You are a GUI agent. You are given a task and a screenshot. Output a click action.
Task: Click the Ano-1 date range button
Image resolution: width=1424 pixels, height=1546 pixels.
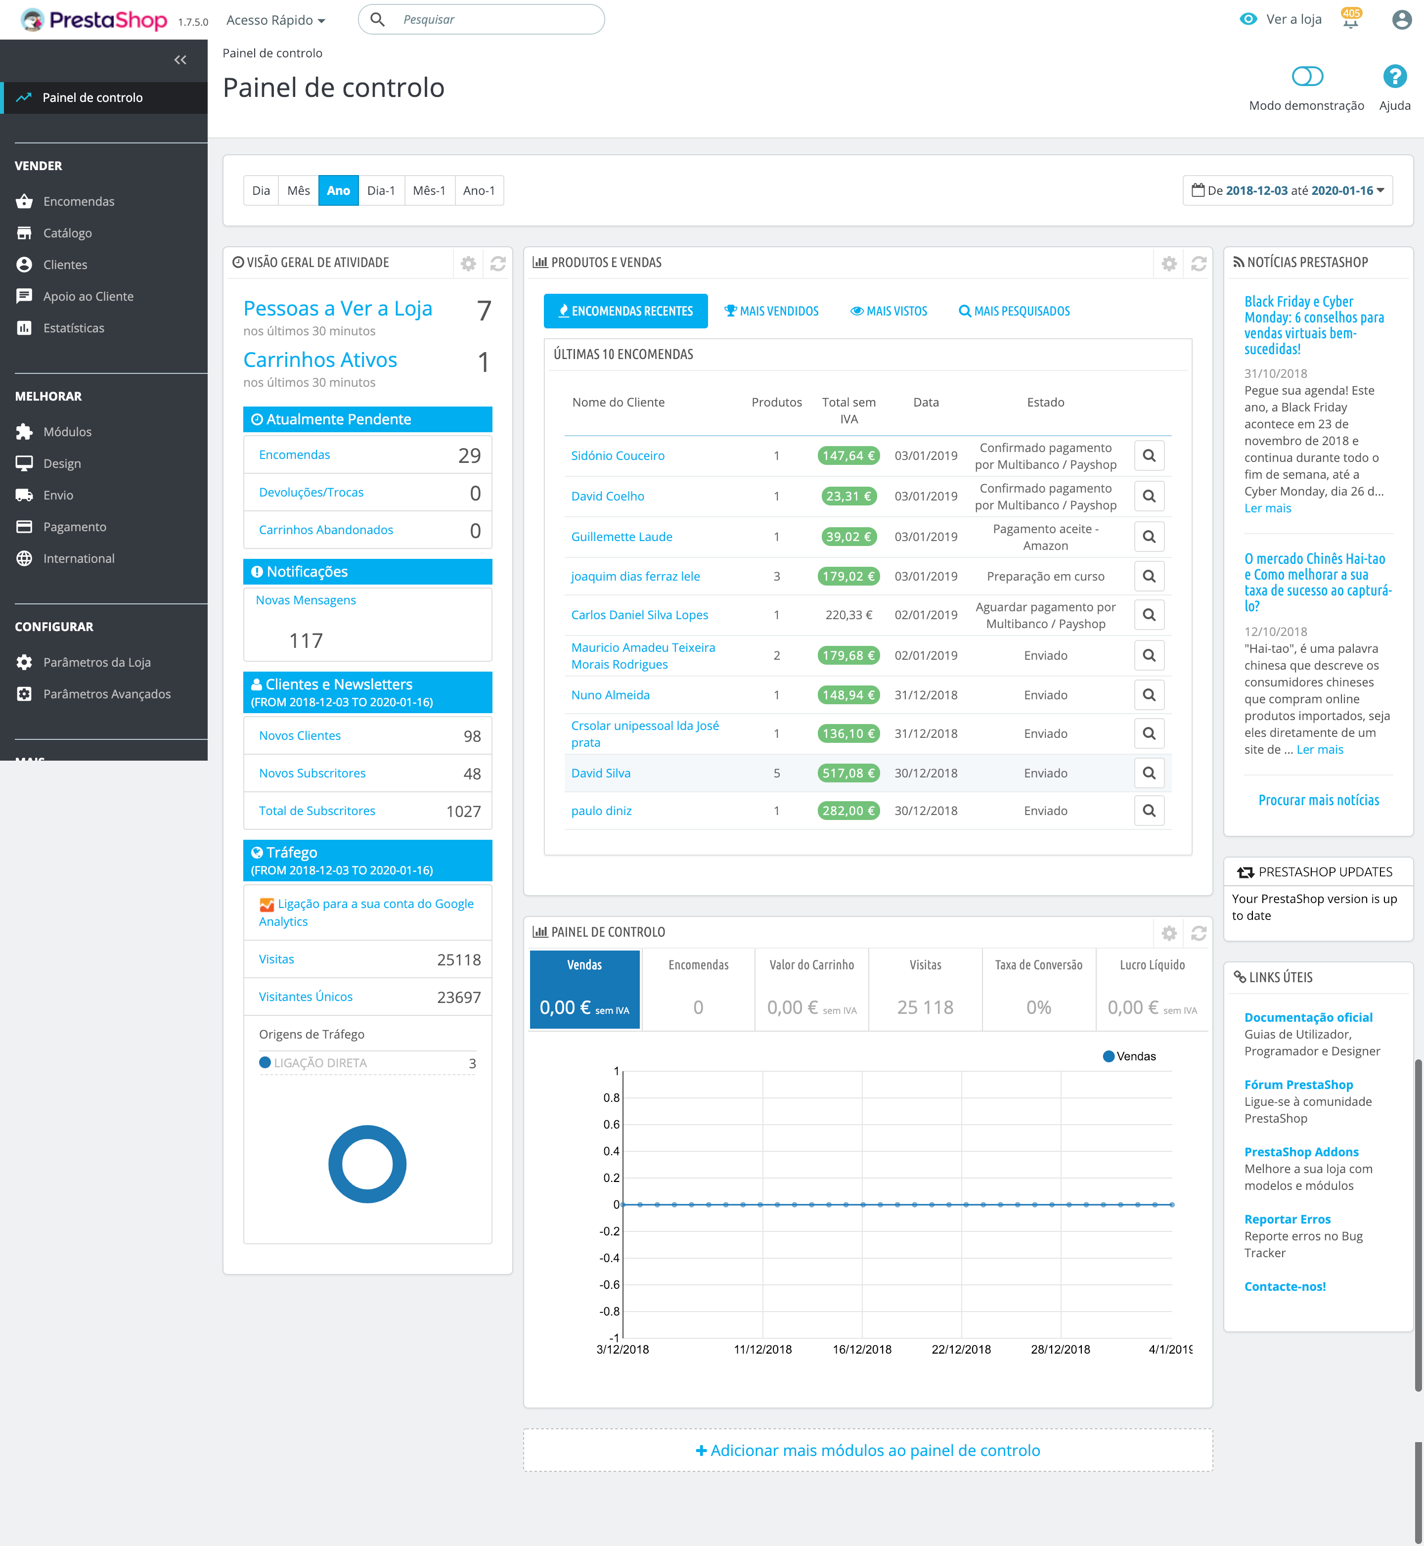click(479, 190)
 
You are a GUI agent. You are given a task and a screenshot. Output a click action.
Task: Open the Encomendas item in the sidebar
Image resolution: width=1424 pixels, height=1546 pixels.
click(79, 201)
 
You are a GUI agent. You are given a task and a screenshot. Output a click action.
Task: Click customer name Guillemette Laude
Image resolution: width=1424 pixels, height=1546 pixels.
click(621, 537)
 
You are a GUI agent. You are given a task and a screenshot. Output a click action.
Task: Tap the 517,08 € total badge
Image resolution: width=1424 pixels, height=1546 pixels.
click(847, 773)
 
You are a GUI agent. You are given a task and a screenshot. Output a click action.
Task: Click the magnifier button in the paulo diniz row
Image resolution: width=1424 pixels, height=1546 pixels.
click(1148, 811)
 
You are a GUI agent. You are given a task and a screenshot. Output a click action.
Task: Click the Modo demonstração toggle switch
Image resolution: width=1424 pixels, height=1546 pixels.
click(1307, 76)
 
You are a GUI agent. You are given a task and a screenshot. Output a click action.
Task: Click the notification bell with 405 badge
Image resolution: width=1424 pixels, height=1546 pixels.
click(1350, 20)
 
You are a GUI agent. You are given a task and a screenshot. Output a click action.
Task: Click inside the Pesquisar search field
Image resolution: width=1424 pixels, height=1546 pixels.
click(493, 19)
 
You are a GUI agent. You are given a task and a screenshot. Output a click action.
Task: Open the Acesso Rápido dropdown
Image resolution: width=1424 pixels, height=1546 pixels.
click(275, 20)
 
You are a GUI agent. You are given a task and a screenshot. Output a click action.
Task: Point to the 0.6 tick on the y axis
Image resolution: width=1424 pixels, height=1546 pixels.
click(612, 1125)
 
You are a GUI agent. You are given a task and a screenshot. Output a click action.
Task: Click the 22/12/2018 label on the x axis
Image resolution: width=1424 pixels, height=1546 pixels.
click(961, 1350)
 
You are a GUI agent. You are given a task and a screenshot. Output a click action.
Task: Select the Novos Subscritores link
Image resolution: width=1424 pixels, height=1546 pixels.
click(312, 773)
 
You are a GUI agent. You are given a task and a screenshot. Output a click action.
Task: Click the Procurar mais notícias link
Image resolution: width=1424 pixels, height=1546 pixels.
click(1318, 800)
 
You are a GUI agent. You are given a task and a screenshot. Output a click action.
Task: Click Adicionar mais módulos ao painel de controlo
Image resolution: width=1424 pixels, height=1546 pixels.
click(868, 1451)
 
